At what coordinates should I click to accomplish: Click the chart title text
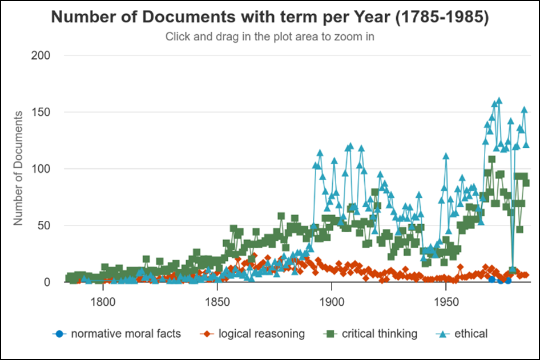(x=270, y=17)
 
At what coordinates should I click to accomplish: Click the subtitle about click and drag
(x=270, y=37)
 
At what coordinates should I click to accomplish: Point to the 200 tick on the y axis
(x=43, y=55)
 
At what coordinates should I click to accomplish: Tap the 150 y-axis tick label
(x=43, y=112)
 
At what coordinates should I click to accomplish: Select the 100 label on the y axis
(x=43, y=169)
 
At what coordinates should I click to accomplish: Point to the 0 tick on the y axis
(x=49, y=282)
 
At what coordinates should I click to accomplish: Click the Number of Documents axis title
(x=18, y=168)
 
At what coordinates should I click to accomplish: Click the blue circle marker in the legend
(x=58, y=333)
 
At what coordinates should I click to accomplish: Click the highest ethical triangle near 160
(x=499, y=101)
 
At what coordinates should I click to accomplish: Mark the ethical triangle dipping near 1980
(x=513, y=270)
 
